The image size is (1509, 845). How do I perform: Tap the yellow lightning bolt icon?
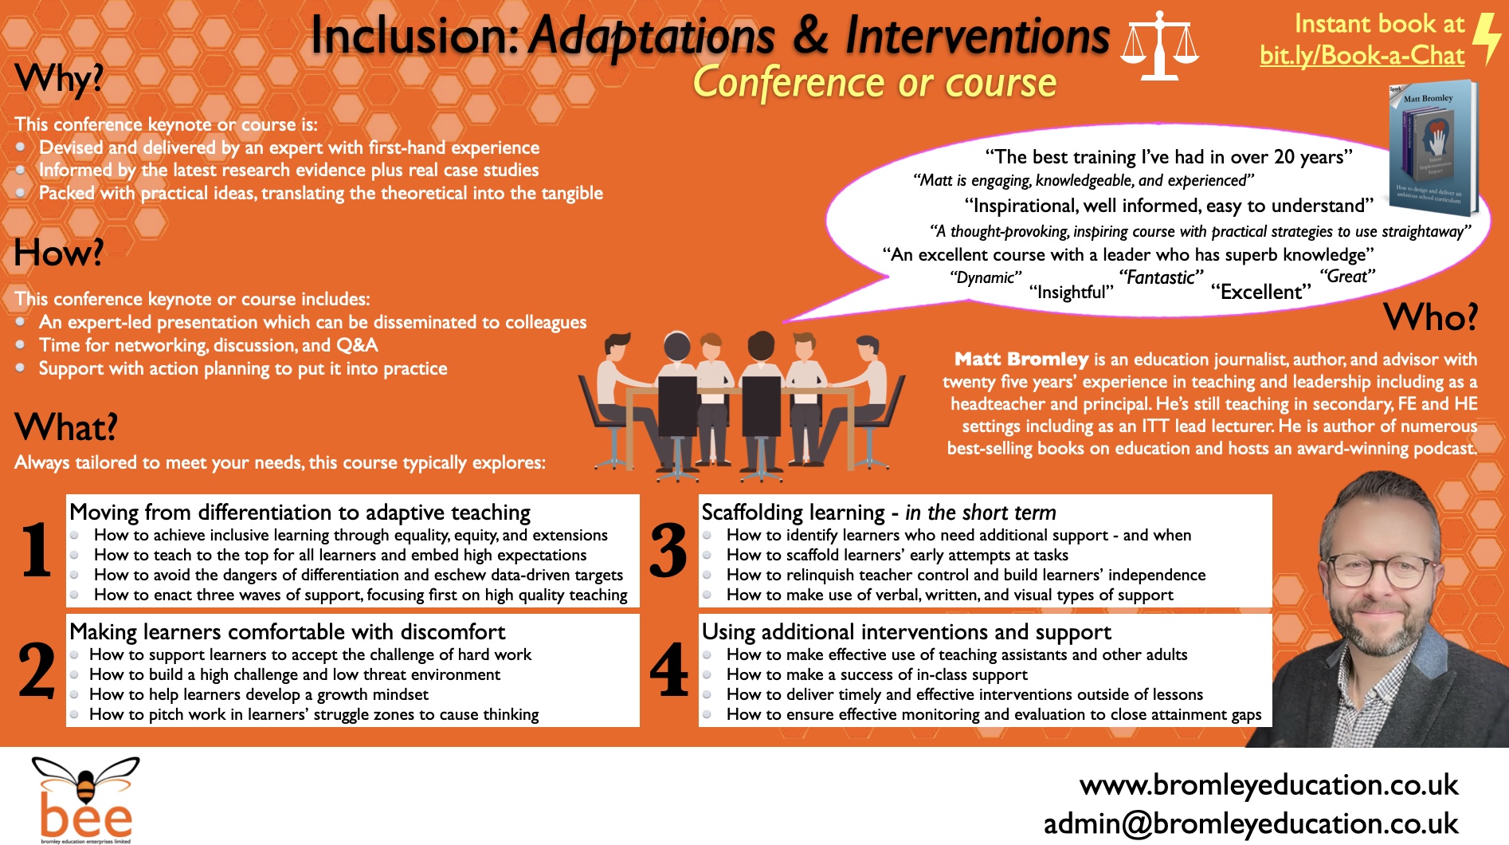[x=1486, y=38]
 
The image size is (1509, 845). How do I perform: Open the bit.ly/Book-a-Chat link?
[x=1362, y=55]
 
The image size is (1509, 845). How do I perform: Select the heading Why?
[x=59, y=79]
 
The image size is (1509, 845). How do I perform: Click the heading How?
[x=59, y=253]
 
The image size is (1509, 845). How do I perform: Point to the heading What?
[x=66, y=428]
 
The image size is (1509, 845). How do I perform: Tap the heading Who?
[x=1430, y=317]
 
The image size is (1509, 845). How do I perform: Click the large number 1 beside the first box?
[x=37, y=550]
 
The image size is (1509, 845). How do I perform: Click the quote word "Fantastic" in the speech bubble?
[x=1161, y=277]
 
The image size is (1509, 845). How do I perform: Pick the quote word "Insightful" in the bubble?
[x=1071, y=293]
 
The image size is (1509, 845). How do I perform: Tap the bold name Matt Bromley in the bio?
[x=1021, y=359]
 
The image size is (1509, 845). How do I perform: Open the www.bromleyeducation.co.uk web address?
[x=1268, y=785]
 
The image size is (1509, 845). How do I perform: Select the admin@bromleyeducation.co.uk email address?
[x=1251, y=823]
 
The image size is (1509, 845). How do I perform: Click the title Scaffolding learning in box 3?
[x=793, y=513]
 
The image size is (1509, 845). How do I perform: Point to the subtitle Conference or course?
[x=874, y=83]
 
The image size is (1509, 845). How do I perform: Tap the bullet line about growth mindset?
[x=259, y=694]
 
